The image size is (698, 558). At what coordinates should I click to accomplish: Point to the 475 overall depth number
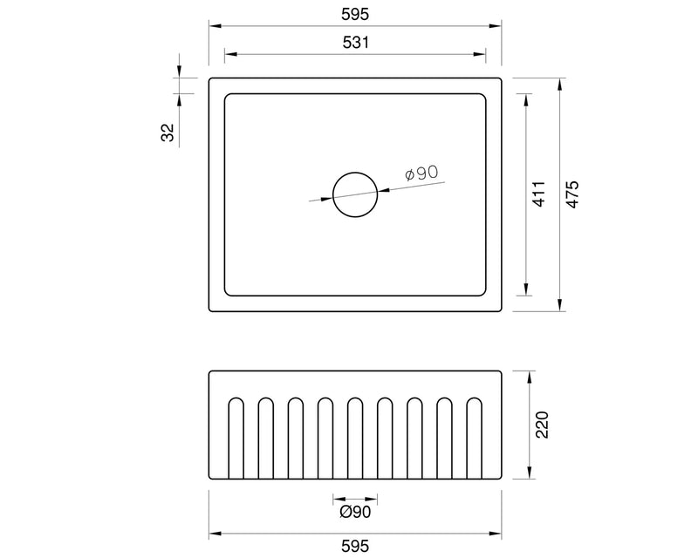tap(571, 194)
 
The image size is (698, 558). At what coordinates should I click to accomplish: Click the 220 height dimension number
tap(542, 425)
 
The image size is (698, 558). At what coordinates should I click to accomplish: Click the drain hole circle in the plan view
tap(355, 194)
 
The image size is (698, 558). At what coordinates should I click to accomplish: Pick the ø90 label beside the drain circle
tap(421, 174)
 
